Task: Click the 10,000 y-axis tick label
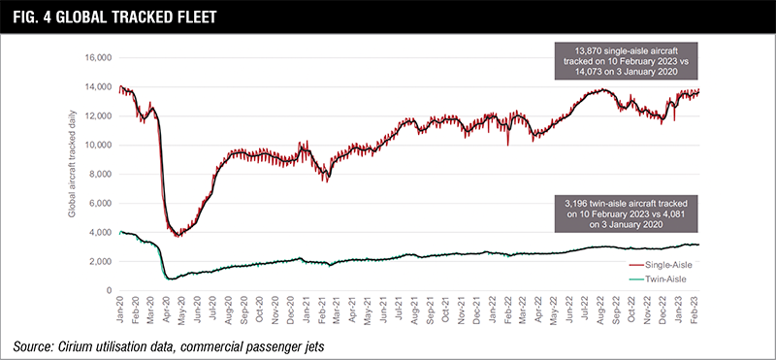point(97,145)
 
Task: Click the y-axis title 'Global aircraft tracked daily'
point(73,175)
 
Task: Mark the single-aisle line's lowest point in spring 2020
point(177,236)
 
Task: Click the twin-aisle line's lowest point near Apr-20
point(172,279)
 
